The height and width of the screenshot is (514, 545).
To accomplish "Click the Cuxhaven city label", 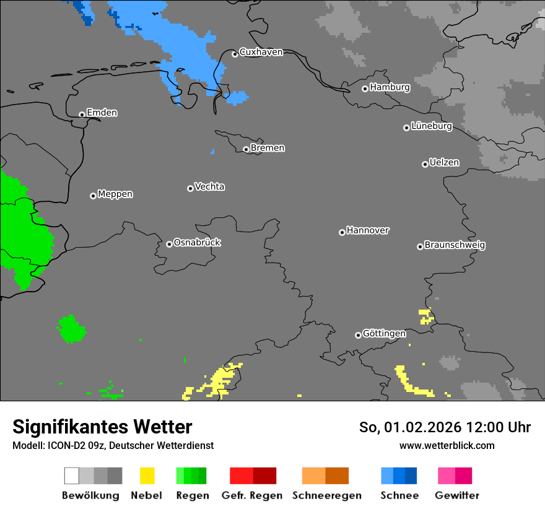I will (x=261, y=52).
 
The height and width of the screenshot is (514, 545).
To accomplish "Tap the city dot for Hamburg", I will (x=365, y=89).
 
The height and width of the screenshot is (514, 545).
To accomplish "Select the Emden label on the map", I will (x=102, y=113).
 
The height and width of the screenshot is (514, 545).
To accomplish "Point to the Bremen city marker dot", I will (x=246, y=149).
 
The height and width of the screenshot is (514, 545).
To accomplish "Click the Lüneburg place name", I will (x=431, y=126).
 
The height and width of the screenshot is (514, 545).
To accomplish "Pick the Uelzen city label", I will (x=444, y=162).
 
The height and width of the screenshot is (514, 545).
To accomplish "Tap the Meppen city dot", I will (x=93, y=196).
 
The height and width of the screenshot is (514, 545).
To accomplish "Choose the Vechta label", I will (x=209, y=186).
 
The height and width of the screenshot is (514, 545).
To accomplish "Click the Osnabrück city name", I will (x=197, y=242).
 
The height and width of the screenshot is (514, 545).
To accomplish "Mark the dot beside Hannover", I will (x=342, y=232).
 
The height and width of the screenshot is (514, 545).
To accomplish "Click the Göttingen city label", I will (x=384, y=333).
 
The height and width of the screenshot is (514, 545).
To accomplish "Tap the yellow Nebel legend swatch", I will (x=147, y=476).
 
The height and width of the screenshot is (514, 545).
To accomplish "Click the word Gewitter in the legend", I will (x=457, y=495).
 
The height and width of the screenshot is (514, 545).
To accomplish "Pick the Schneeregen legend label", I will (x=327, y=495).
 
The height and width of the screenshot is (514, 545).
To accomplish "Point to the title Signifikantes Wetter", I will (x=102, y=427).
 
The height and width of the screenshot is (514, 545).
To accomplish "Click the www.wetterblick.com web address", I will (x=447, y=445).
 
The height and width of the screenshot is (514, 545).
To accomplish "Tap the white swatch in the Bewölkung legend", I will (x=72, y=476).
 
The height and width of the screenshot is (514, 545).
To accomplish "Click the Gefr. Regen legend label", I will (x=252, y=495).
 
